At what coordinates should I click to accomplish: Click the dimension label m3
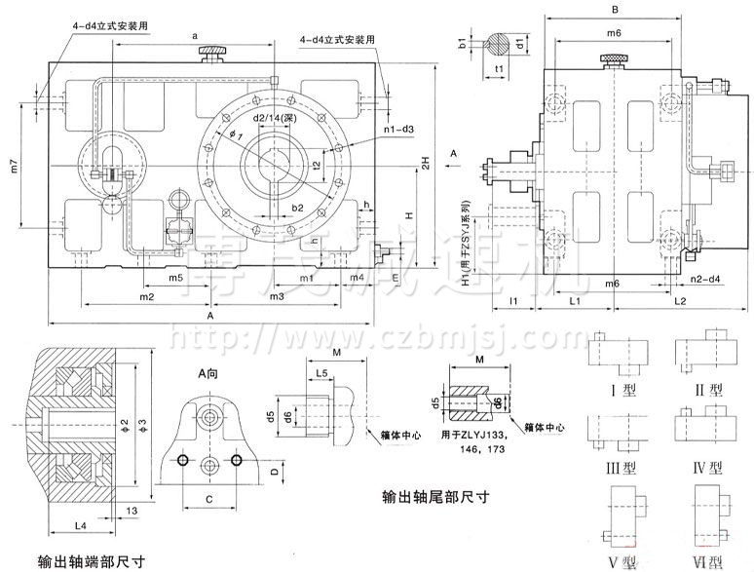pyautogui.click(x=277, y=295)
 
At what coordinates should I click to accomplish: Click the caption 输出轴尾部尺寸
pyautogui.click(x=435, y=496)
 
